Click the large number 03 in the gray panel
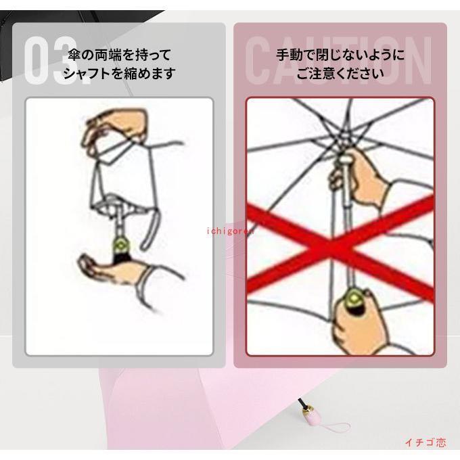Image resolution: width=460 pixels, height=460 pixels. coord(52,60)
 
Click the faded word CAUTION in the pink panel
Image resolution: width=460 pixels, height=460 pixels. coord(338,60)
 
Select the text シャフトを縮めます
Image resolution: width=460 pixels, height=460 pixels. coord(119,73)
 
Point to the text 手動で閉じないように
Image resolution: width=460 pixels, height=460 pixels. coord(340,55)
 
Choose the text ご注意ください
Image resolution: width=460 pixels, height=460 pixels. coord(340,73)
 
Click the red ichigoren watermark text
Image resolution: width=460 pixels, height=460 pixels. coord(230,231)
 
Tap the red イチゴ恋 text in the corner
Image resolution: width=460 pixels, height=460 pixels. coord(425,442)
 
